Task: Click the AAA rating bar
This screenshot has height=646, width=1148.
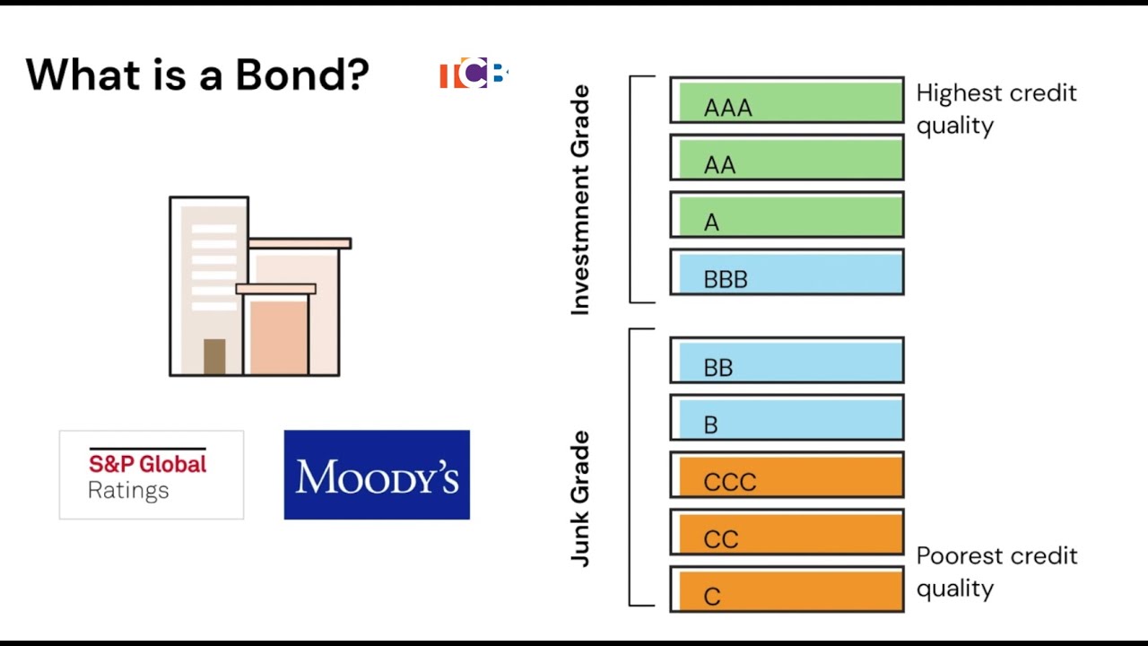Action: click(x=787, y=100)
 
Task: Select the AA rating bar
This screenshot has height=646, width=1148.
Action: click(x=787, y=158)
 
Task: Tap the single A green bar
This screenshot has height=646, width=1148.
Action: click(x=787, y=215)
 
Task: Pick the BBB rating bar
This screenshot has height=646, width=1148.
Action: click(x=787, y=273)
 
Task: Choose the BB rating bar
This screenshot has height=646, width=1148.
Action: click(x=787, y=361)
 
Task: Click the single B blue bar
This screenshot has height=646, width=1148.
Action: click(x=787, y=418)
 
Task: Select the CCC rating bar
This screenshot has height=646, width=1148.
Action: click(x=787, y=476)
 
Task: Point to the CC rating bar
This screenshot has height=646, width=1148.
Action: click(x=787, y=533)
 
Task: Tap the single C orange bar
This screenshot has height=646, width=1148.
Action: click(x=787, y=590)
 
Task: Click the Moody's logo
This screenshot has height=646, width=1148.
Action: click(x=377, y=475)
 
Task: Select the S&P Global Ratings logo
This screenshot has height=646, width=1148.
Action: click(x=151, y=475)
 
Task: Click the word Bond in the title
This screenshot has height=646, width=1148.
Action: click(x=301, y=74)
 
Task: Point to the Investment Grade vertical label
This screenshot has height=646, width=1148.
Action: click(x=581, y=199)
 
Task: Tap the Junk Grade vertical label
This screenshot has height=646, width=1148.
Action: click(x=581, y=499)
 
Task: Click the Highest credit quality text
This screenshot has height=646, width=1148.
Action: click(x=996, y=109)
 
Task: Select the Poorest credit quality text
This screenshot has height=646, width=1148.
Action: click(x=996, y=572)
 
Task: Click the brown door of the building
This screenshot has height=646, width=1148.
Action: click(x=214, y=356)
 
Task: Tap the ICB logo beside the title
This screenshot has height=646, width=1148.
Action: click(x=474, y=74)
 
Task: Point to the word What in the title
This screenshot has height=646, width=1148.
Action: click(x=80, y=74)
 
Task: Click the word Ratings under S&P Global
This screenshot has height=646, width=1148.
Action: click(x=128, y=491)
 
